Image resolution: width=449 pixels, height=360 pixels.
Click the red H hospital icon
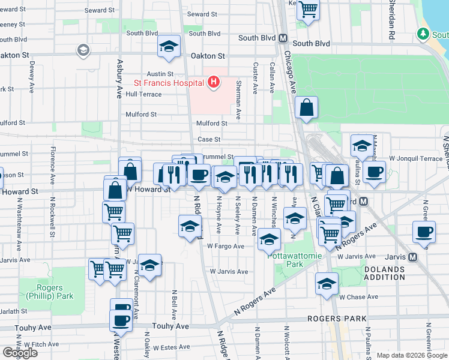(212, 83)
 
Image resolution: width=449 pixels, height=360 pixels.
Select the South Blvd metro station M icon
(282, 38)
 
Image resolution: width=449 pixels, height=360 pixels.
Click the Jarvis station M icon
(412, 257)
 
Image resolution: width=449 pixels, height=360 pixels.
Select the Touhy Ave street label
(170, 326)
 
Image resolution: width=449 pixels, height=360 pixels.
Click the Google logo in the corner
(20, 353)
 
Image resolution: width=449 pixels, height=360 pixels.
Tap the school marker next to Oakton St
(169, 46)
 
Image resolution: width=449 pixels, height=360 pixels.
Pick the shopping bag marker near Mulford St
(306, 108)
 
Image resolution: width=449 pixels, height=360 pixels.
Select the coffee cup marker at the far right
(424, 231)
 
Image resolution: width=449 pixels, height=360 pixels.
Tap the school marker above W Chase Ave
(327, 284)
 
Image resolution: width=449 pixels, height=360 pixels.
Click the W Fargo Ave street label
(225, 246)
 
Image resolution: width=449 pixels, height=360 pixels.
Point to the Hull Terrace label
(143, 94)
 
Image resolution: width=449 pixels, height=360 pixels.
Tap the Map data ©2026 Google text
(411, 355)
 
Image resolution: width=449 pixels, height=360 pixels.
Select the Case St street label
(209, 139)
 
